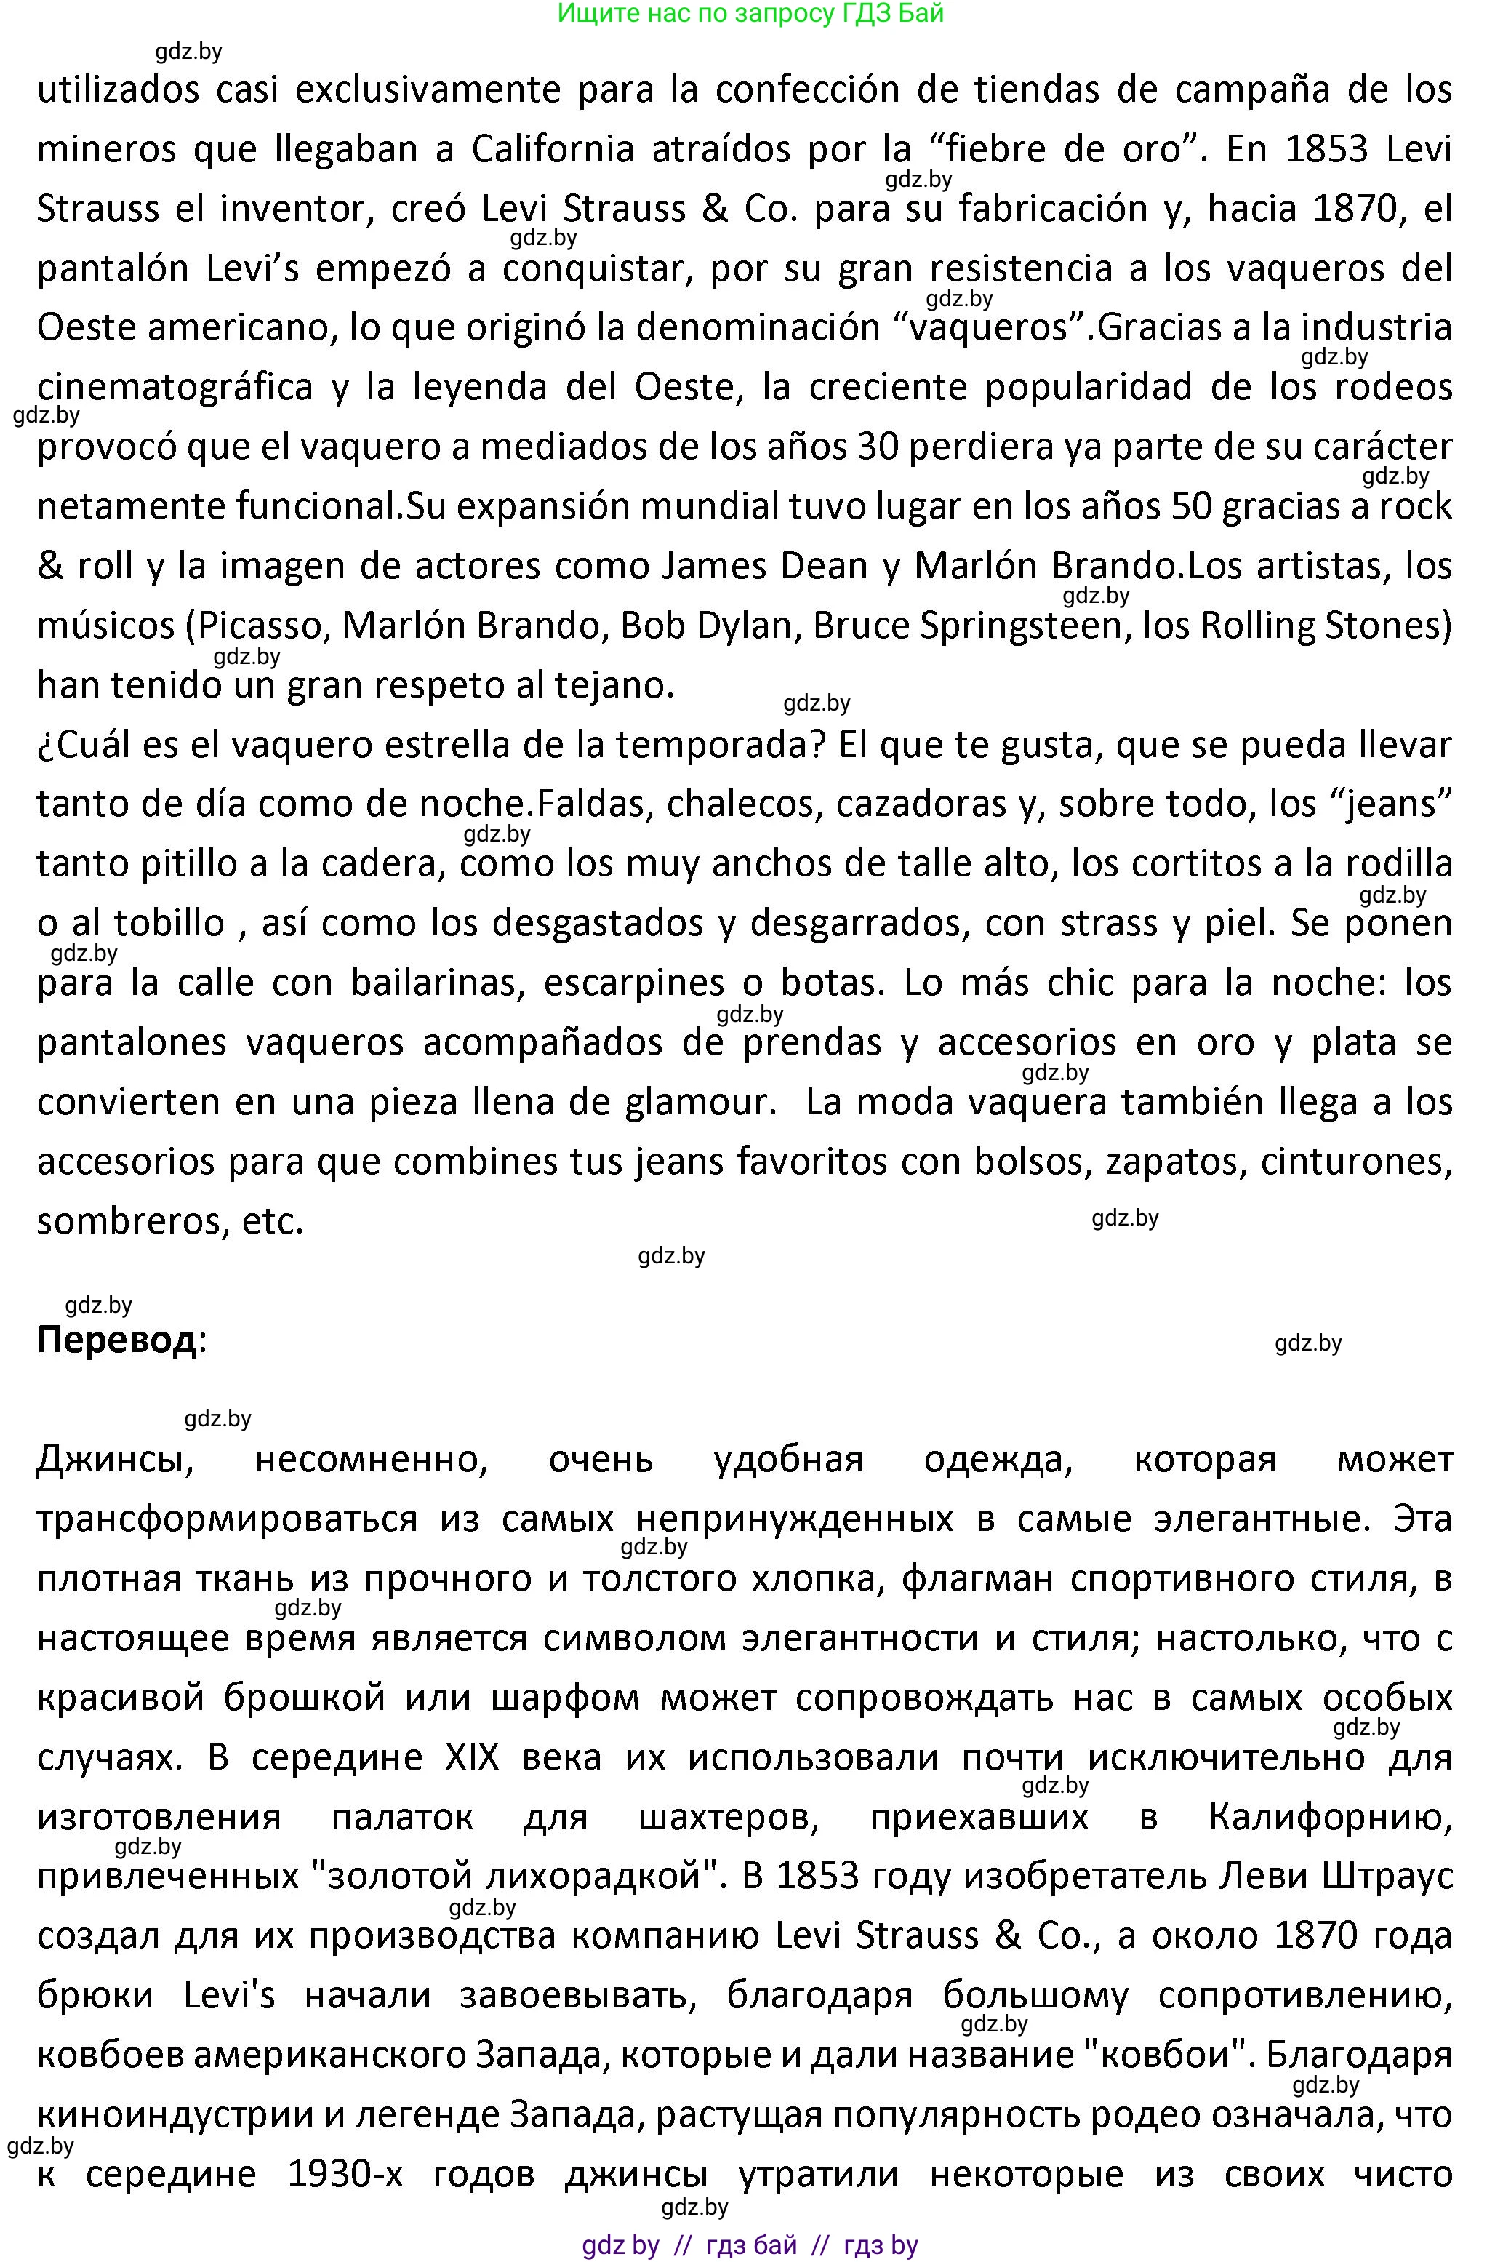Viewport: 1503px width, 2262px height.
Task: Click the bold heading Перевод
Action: tap(116, 1340)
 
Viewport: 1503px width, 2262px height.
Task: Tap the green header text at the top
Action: tap(750, 13)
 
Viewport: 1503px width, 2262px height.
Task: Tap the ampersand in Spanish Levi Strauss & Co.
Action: tap(715, 209)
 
